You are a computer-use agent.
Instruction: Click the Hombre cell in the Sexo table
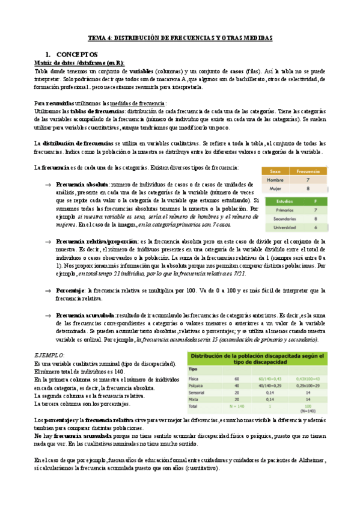(275, 179)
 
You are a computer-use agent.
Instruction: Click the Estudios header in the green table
(276, 201)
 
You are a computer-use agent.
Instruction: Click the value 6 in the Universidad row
(315, 228)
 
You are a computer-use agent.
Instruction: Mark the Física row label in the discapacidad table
(195, 378)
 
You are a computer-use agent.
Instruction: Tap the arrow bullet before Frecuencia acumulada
(47, 315)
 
